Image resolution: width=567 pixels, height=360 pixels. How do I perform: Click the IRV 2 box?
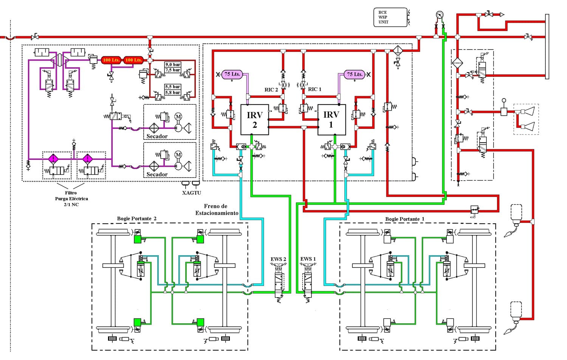point(255,120)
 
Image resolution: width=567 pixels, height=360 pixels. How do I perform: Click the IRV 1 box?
point(332,120)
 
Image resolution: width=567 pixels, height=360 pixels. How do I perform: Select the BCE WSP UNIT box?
point(390,17)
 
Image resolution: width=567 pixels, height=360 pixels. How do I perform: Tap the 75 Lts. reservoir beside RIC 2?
point(232,74)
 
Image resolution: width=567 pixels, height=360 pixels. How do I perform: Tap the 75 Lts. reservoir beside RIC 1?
point(355,74)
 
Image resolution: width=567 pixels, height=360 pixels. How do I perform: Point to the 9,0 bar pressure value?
point(173,65)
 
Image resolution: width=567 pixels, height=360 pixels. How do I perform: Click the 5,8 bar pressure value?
point(173,92)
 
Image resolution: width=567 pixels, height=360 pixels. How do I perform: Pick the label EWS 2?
point(278,259)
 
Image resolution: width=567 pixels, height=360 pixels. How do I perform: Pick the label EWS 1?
point(308,259)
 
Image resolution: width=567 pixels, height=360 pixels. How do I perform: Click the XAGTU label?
point(192,193)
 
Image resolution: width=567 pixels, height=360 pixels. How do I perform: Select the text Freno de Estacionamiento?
point(217,210)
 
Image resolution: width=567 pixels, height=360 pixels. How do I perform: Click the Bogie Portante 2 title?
point(137,218)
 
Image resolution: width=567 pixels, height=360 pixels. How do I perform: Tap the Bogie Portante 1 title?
point(405,219)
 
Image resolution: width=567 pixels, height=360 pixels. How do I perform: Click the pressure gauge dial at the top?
point(440,15)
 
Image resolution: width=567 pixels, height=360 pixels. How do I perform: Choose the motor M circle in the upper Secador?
point(178,117)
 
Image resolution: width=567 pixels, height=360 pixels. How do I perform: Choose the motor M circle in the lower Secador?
point(178,155)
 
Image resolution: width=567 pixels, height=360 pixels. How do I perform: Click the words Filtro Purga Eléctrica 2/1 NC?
point(71,199)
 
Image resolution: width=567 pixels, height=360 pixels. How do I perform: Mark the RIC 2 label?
point(271,90)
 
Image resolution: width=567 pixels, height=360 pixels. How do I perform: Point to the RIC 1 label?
point(314,89)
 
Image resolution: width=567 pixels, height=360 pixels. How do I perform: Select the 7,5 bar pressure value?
point(173,70)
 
